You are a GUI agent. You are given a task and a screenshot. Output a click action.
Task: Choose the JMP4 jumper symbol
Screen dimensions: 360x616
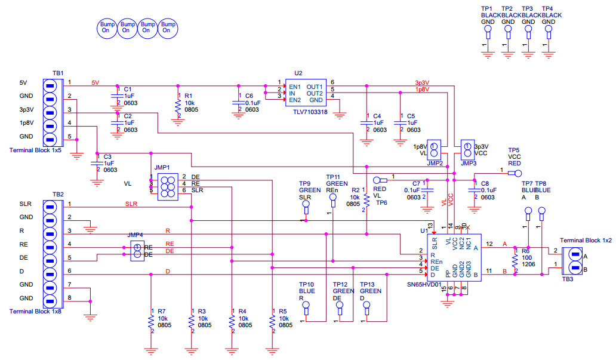(x=137, y=251)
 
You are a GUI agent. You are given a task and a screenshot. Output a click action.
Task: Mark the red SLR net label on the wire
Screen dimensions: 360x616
(x=131, y=204)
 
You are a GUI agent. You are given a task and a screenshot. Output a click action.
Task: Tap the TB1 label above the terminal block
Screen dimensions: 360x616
(x=58, y=73)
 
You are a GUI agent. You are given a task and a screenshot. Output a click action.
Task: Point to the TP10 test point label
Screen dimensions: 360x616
(x=306, y=284)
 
